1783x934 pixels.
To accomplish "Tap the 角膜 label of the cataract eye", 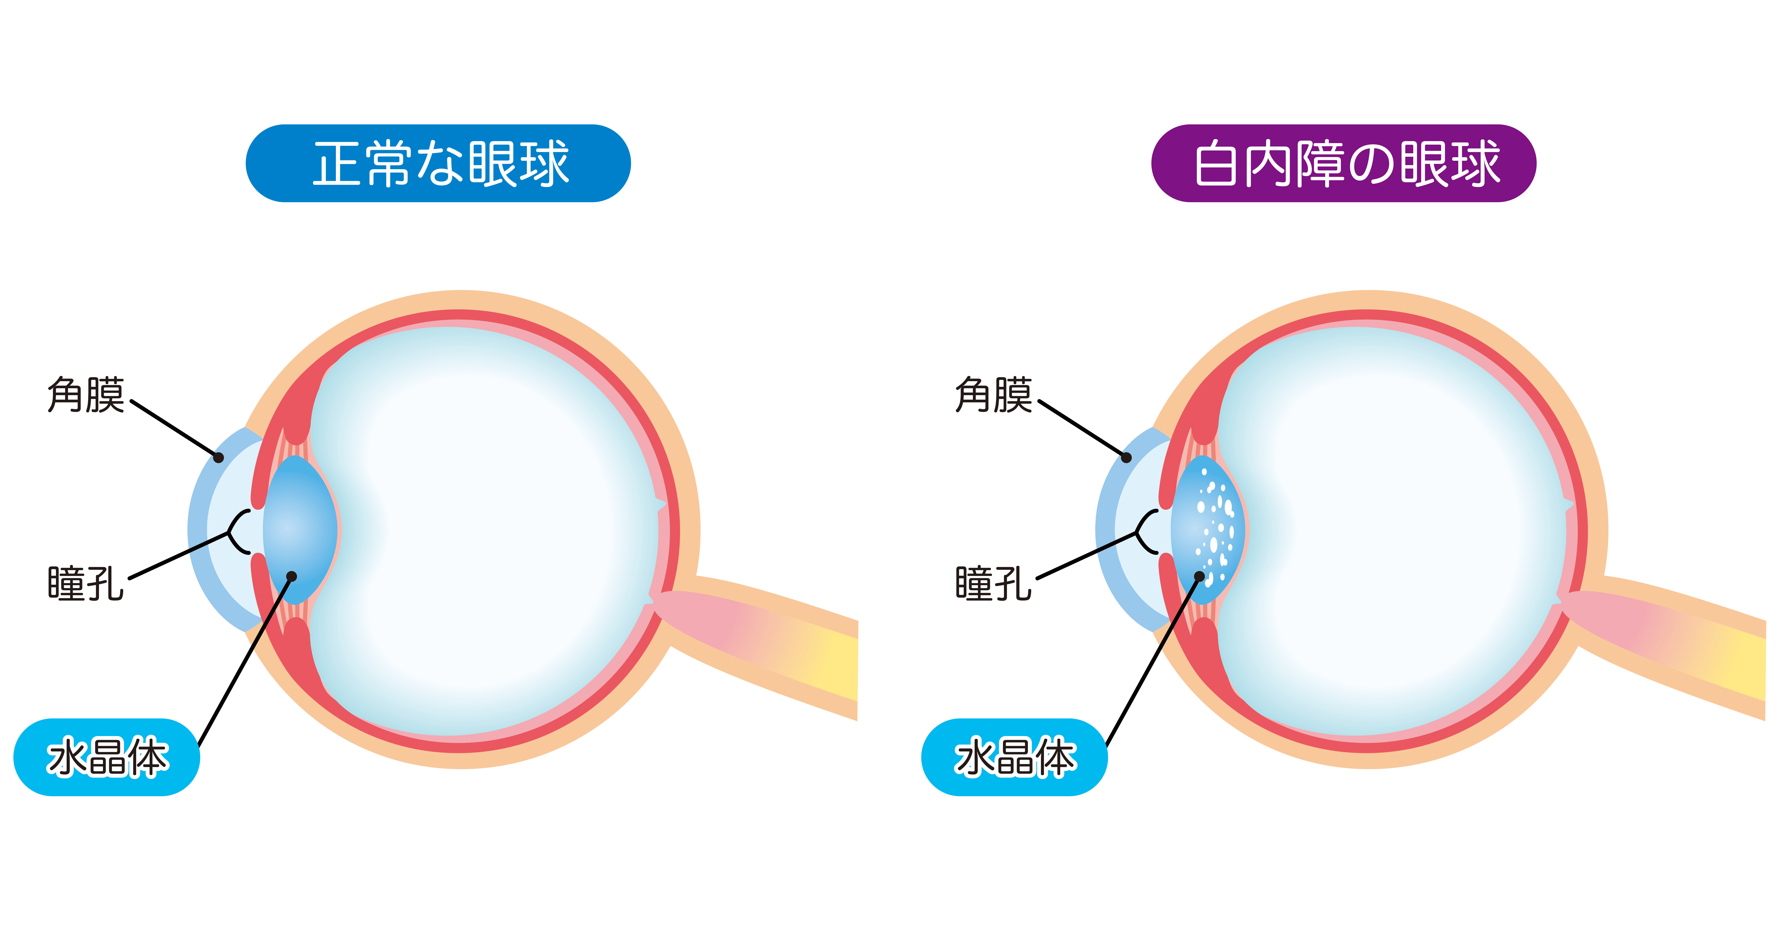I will [993, 395].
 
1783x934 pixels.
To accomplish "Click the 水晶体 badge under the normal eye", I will [107, 757].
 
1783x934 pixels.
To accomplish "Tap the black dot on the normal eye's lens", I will [291, 576].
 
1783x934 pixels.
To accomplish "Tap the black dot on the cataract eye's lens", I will [1200, 576].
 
